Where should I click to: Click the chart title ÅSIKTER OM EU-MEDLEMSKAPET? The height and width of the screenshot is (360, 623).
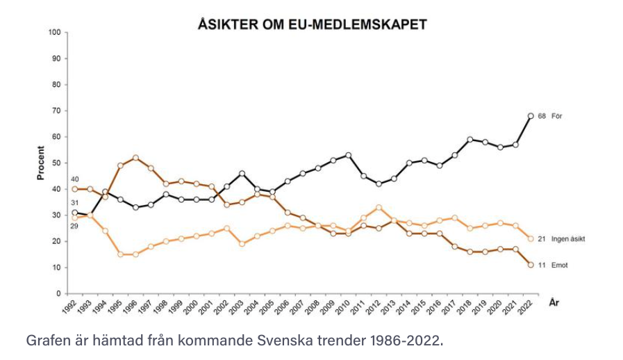[311, 24]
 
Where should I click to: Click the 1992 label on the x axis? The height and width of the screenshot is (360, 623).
[69, 307]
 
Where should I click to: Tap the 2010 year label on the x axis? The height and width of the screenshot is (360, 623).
[343, 307]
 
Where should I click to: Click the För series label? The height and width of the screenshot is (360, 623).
[556, 116]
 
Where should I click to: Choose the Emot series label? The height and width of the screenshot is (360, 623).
[560, 265]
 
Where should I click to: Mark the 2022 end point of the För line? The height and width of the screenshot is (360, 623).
[530, 116]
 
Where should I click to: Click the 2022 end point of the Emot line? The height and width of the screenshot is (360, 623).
[530, 265]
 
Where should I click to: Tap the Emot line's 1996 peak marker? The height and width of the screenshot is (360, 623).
[135, 158]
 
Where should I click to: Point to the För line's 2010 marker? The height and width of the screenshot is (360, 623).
[348, 155]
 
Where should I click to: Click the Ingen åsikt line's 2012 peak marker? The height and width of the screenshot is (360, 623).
[379, 207]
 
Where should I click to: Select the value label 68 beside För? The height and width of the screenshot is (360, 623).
[542, 116]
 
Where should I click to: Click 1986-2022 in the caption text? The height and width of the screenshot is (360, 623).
[403, 341]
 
